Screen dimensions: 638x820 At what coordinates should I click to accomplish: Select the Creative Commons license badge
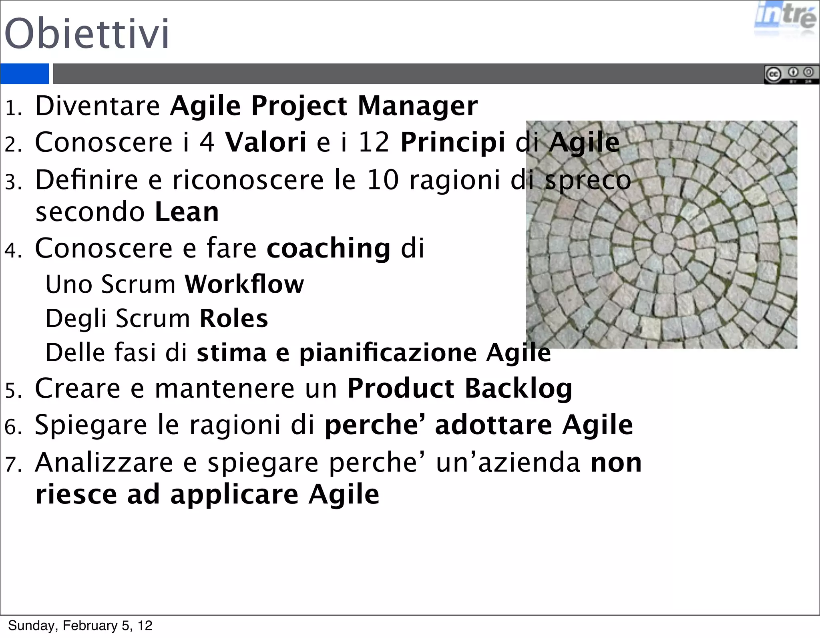coord(791,74)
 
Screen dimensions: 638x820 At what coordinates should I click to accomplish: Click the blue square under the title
coord(24,74)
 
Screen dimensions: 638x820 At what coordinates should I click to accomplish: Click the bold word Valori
coord(266,142)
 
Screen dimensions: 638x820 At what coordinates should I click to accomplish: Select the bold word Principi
coord(453,143)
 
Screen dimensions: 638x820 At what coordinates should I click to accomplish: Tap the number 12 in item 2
coord(374,142)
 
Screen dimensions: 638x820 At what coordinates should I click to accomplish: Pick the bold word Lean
coord(187,212)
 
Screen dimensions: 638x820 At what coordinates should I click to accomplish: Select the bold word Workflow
coord(244,284)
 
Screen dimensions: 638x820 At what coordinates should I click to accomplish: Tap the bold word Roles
coord(234,319)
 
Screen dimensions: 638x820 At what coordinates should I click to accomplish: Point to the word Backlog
coord(519,389)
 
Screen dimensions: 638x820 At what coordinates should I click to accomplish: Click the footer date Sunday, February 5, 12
coord(80,626)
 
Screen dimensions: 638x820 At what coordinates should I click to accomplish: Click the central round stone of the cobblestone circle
coord(663,243)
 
